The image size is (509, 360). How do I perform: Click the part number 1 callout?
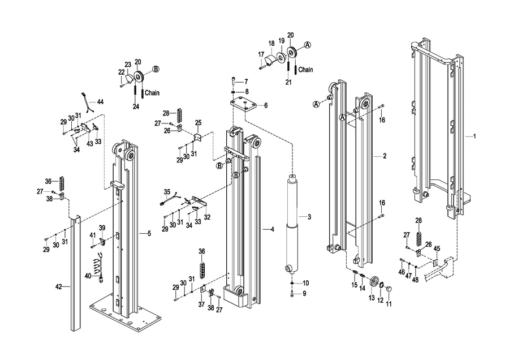pyautogui.click(x=475, y=136)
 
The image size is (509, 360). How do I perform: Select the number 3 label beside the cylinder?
pyautogui.click(x=309, y=217)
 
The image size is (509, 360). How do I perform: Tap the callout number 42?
pyautogui.click(x=58, y=286)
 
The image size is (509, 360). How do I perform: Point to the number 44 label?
pyautogui.click(x=100, y=102)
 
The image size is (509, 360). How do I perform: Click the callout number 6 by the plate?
pyautogui.click(x=266, y=106)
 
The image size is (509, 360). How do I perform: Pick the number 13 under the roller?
pyautogui.click(x=372, y=298)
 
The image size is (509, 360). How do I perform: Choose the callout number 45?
pyautogui.click(x=437, y=249)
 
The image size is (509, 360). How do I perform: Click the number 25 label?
pyautogui.click(x=199, y=122)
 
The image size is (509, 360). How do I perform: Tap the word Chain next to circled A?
pyautogui.click(x=305, y=70)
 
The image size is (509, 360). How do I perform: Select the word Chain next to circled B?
pyautogui.click(x=152, y=93)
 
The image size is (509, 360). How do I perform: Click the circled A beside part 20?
pyautogui.click(x=307, y=45)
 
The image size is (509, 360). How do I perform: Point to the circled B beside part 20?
pyautogui.click(x=156, y=69)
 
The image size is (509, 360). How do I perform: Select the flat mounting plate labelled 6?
pyautogui.click(x=243, y=105)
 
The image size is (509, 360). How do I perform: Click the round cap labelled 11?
pyautogui.click(x=389, y=289)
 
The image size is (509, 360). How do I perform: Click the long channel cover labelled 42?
pyautogui.click(x=76, y=273)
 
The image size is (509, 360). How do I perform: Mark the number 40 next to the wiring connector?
pyautogui.click(x=88, y=276)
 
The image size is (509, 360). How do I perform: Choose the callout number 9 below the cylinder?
pyautogui.click(x=304, y=294)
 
